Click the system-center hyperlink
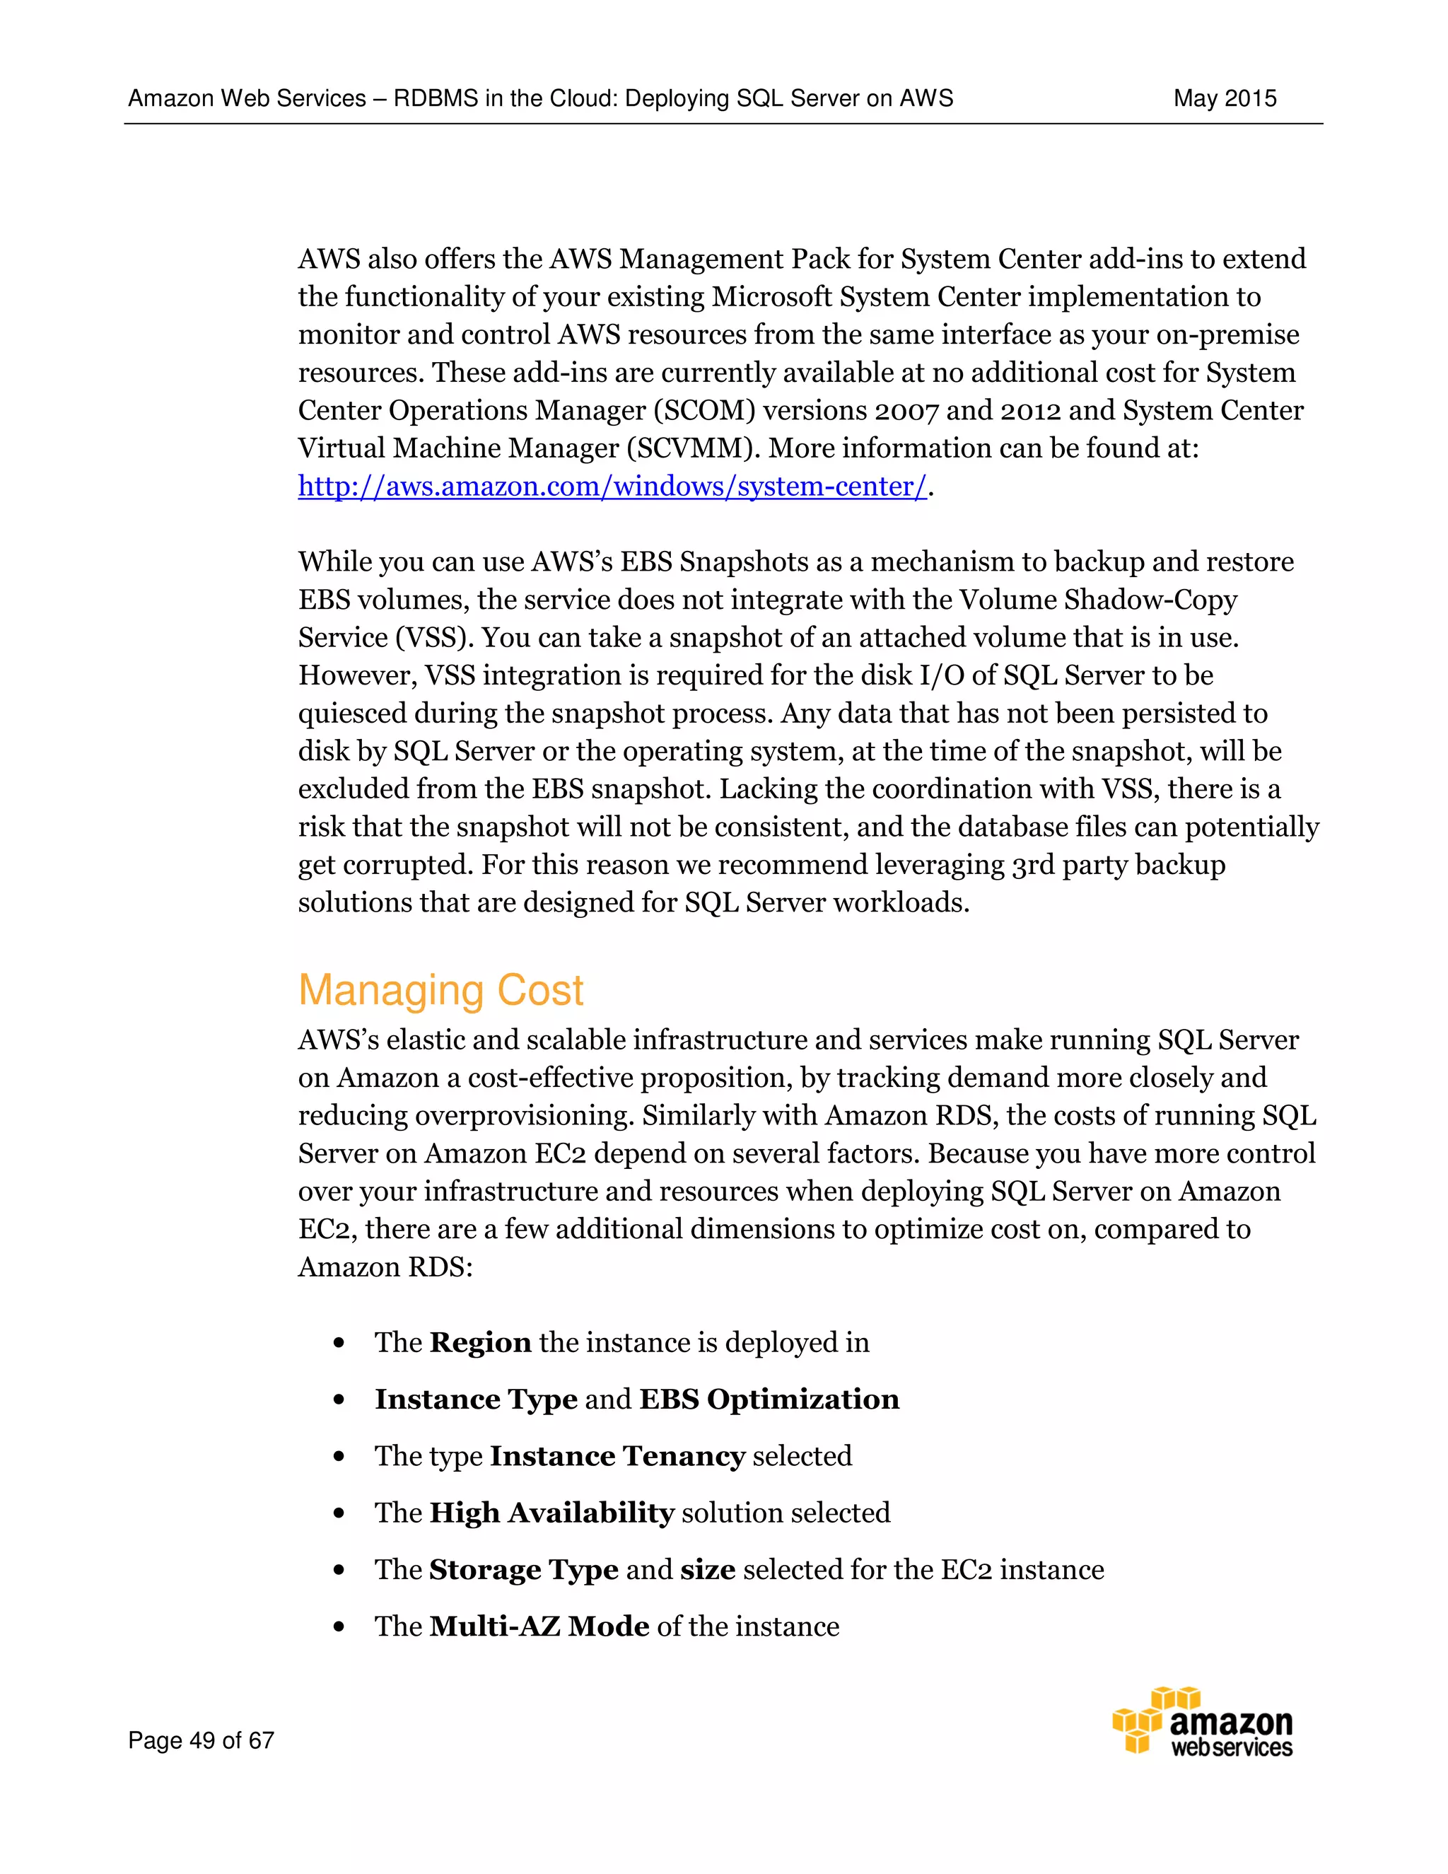point(612,487)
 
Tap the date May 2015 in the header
point(1224,99)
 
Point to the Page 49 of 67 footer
point(201,1740)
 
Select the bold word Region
point(480,1343)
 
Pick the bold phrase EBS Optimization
point(769,1399)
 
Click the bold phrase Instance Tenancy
point(617,1456)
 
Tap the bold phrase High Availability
point(551,1513)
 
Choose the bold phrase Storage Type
point(523,1569)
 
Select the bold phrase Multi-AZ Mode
point(539,1626)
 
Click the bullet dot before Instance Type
point(339,1400)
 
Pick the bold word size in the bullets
point(708,1569)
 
